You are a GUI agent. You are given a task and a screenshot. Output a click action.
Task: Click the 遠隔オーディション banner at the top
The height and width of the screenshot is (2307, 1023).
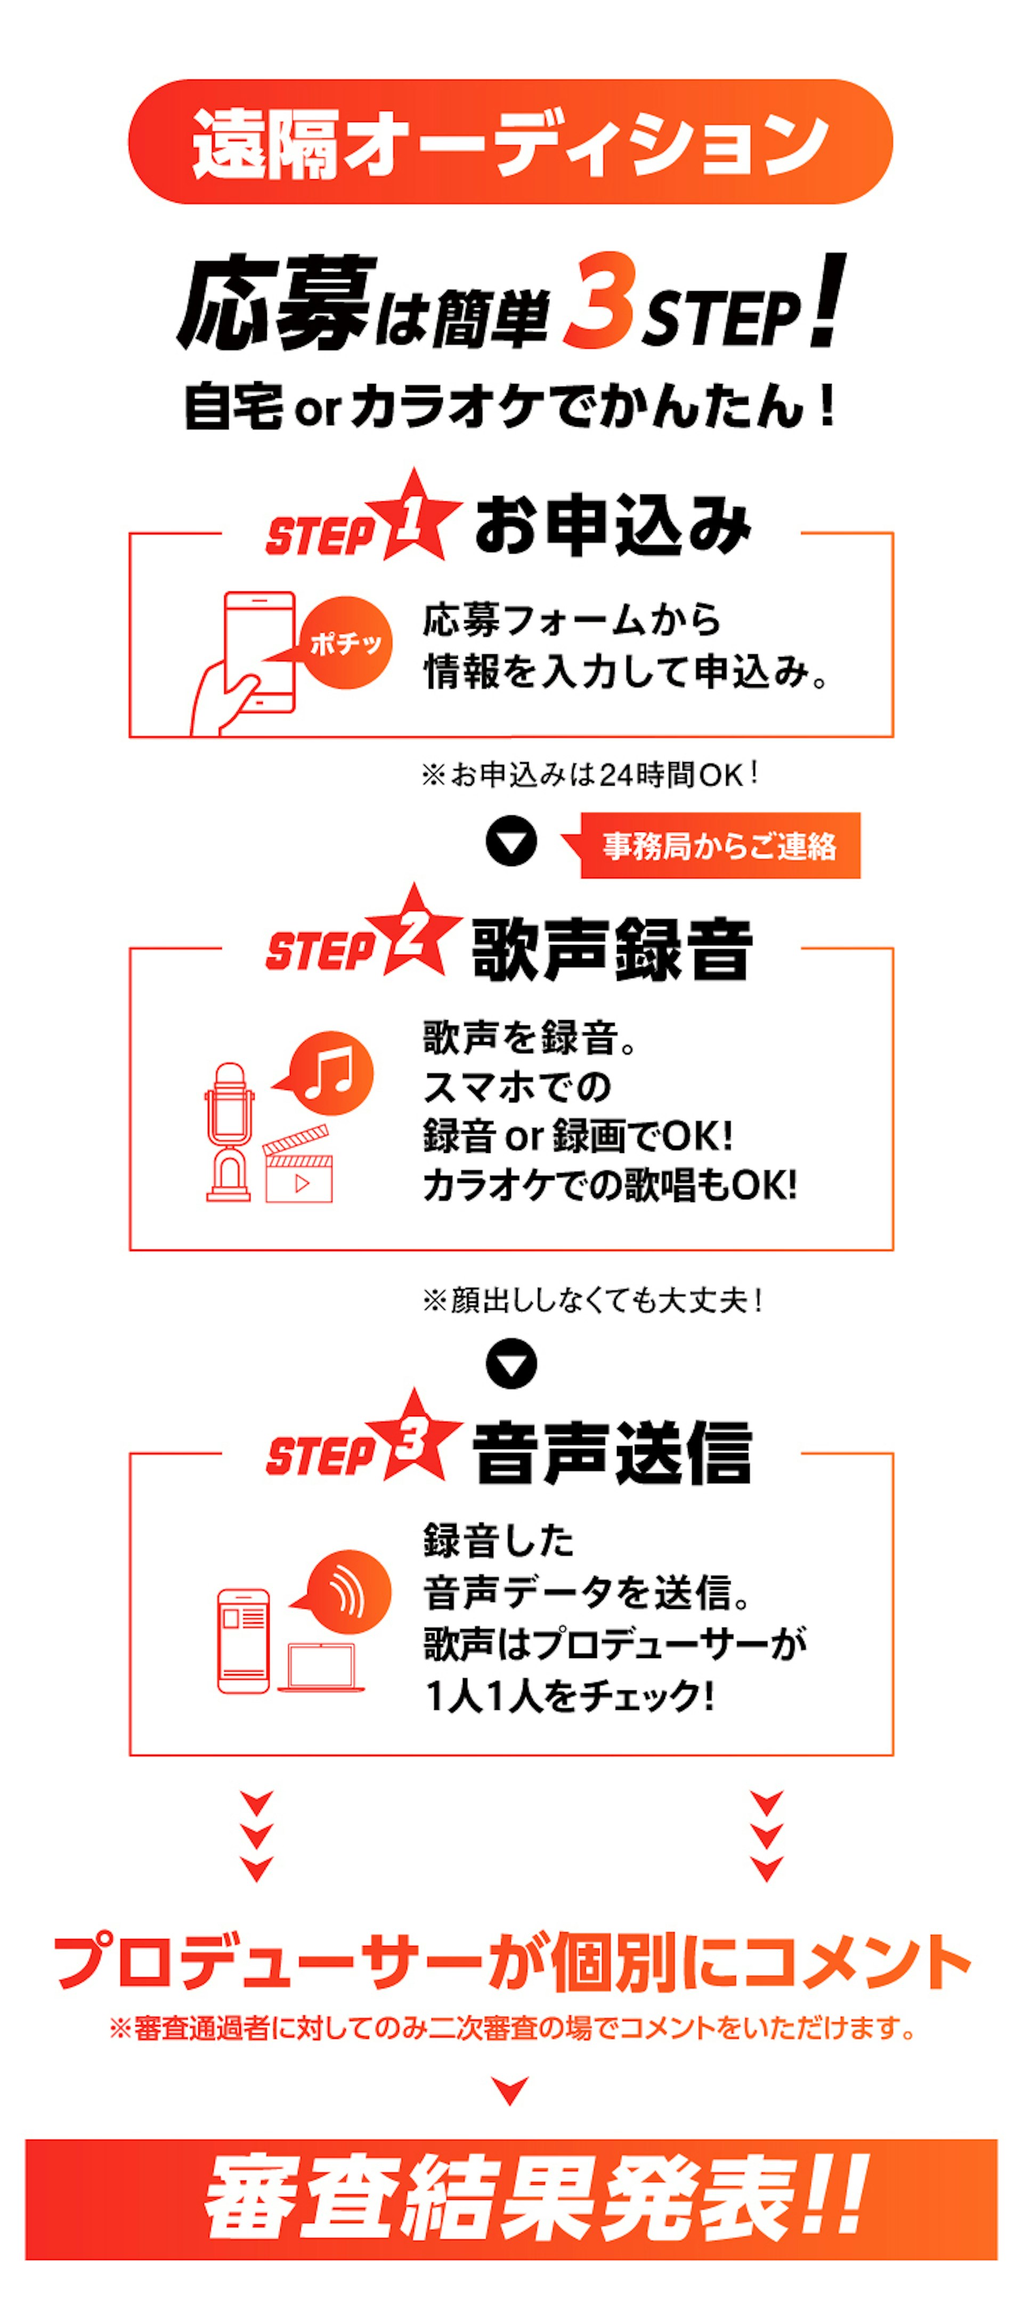pyautogui.click(x=511, y=141)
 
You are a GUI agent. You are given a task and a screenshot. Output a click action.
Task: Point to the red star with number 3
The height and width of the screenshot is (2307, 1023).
pyautogui.click(x=412, y=1437)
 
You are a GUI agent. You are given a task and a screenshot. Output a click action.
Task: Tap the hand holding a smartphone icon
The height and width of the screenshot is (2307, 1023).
pyautogui.click(x=243, y=663)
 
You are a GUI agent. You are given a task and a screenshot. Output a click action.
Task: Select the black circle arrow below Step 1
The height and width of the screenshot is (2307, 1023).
pyautogui.click(x=511, y=842)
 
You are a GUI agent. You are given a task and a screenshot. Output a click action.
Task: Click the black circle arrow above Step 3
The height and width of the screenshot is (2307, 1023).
pyautogui.click(x=511, y=1364)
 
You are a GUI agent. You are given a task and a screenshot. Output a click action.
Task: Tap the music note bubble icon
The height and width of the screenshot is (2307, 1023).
pyautogui.click(x=325, y=1073)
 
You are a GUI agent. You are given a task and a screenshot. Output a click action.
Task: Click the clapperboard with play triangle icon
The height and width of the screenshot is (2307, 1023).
pyautogui.click(x=297, y=1163)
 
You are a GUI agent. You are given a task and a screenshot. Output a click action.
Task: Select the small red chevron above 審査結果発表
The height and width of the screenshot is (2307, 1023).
pyautogui.click(x=511, y=2091)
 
